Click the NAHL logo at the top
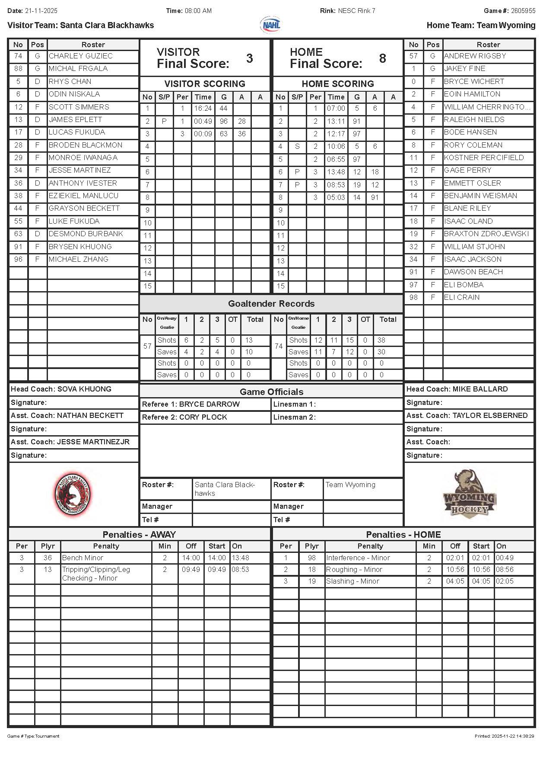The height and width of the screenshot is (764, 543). (x=270, y=25)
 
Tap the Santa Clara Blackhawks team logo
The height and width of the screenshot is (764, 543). (x=72, y=494)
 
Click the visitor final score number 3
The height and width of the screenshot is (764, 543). (x=249, y=58)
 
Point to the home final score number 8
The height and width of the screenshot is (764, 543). (x=382, y=58)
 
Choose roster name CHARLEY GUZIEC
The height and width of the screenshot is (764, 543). (x=80, y=56)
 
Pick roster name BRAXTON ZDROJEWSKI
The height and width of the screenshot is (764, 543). (x=486, y=234)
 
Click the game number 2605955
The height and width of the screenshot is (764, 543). (x=523, y=11)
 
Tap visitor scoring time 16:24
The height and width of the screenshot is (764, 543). (x=203, y=109)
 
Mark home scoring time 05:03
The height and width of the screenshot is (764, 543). (x=336, y=197)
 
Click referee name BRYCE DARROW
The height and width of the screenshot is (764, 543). (x=209, y=404)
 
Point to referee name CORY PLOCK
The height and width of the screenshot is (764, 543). (x=203, y=417)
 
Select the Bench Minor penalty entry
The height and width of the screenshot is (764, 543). (x=83, y=558)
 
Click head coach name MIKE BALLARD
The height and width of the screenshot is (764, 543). (x=480, y=389)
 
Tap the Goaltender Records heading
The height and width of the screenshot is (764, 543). (x=271, y=304)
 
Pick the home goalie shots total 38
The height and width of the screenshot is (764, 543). (x=381, y=340)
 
